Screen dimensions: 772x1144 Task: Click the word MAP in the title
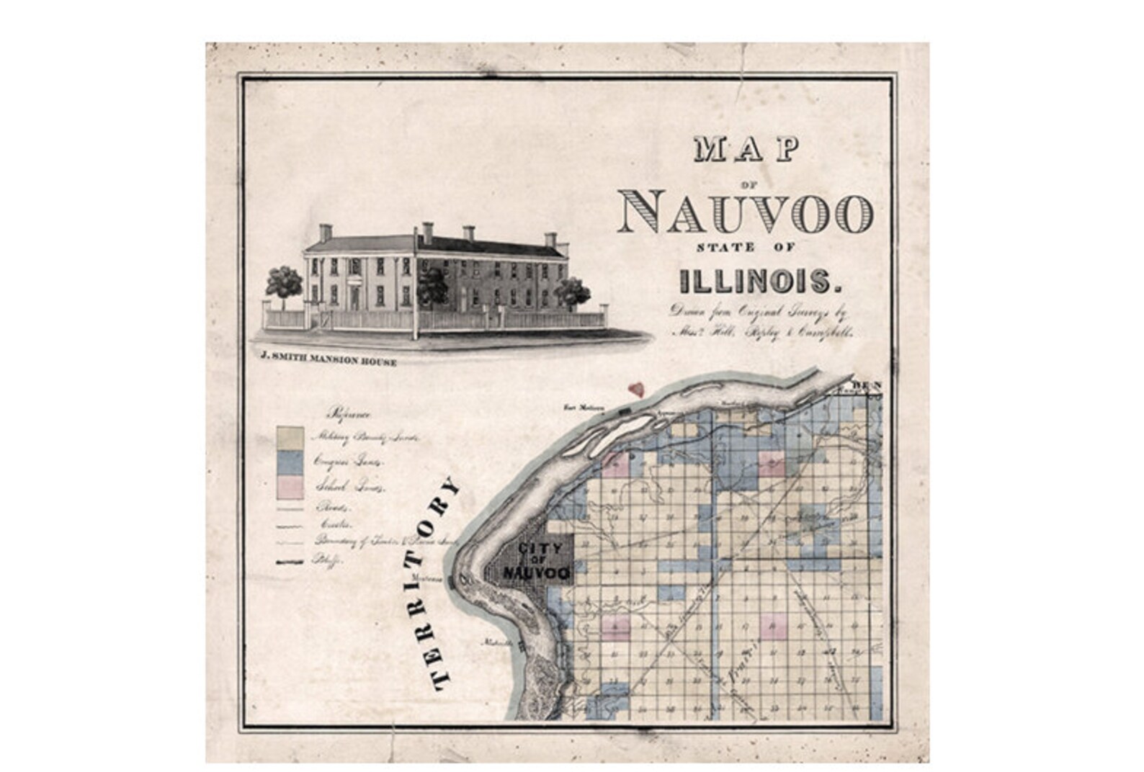click(746, 149)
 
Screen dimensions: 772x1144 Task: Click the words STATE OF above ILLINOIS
click(745, 248)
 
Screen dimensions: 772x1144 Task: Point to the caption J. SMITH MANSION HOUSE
click(329, 362)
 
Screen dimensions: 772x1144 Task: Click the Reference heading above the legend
click(349, 414)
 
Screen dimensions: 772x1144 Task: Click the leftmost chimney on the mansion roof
click(326, 233)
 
